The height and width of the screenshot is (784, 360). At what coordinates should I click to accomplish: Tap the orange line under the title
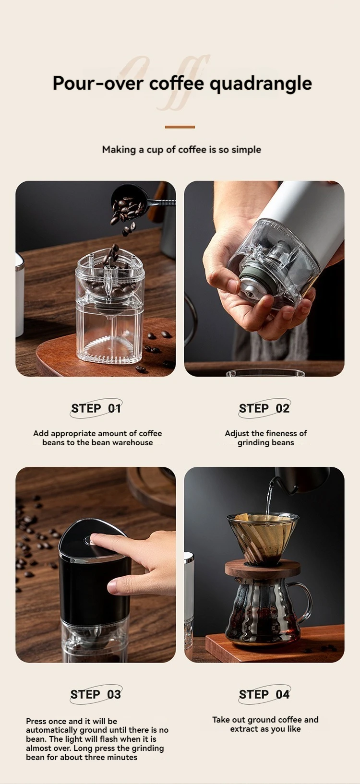pyautogui.click(x=180, y=127)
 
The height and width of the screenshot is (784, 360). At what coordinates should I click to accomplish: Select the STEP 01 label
pyautogui.click(x=96, y=408)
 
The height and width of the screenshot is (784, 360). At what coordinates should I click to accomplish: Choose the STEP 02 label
pyautogui.click(x=264, y=408)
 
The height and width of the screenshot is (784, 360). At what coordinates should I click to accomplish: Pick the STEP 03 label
pyautogui.click(x=96, y=694)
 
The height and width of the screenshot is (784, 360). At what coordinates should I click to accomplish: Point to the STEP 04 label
pyautogui.click(x=264, y=694)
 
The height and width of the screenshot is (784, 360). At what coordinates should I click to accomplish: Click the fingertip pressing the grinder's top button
pyautogui.click(x=97, y=539)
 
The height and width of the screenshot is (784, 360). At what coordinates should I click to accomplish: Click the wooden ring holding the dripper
pyautogui.click(x=263, y=568)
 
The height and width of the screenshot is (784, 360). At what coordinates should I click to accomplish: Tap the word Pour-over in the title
pyautogui.click(x=98, y=83)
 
